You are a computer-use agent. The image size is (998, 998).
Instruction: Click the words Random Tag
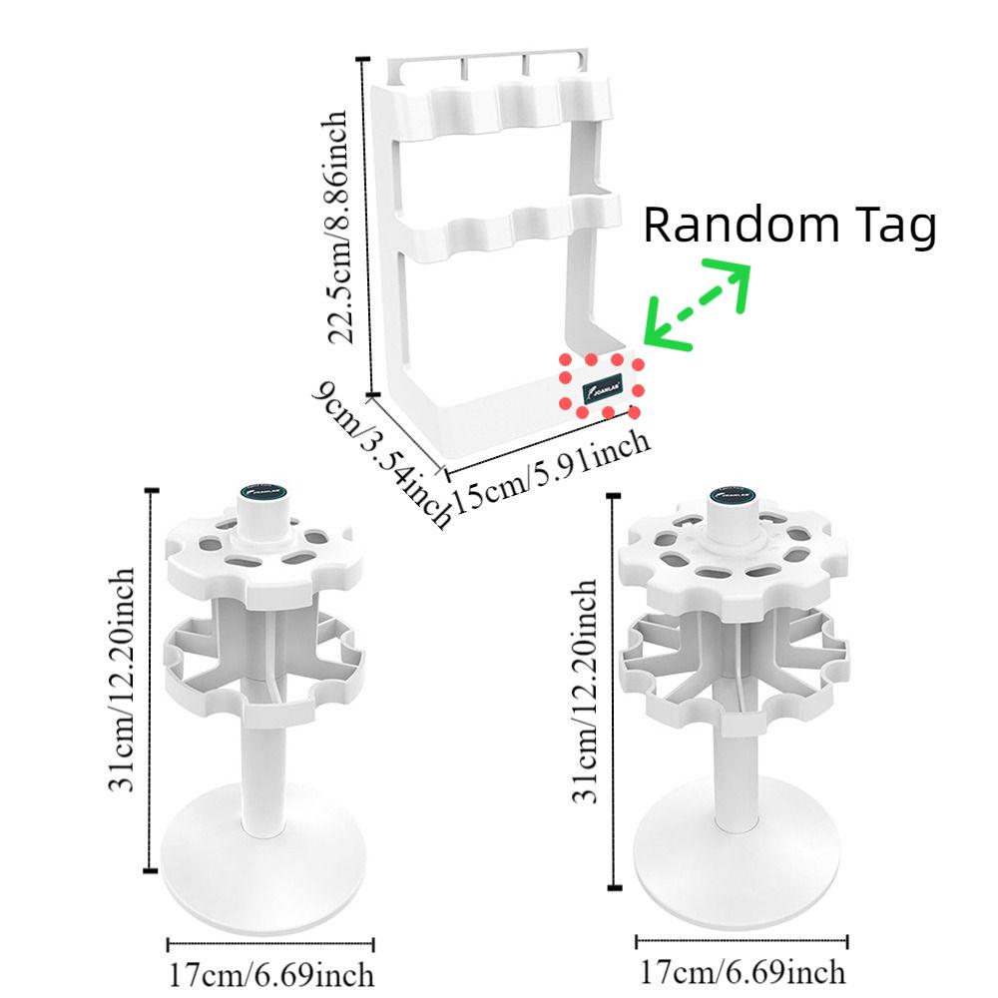789,226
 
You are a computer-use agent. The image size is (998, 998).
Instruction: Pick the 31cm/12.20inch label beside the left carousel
124,678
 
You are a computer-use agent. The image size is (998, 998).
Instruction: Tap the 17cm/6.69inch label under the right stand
743,970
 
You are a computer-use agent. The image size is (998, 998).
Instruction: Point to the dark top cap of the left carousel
264,492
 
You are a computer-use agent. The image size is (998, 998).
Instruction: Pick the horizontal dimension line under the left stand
270,942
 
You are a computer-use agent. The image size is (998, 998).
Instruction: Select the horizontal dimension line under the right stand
743,939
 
